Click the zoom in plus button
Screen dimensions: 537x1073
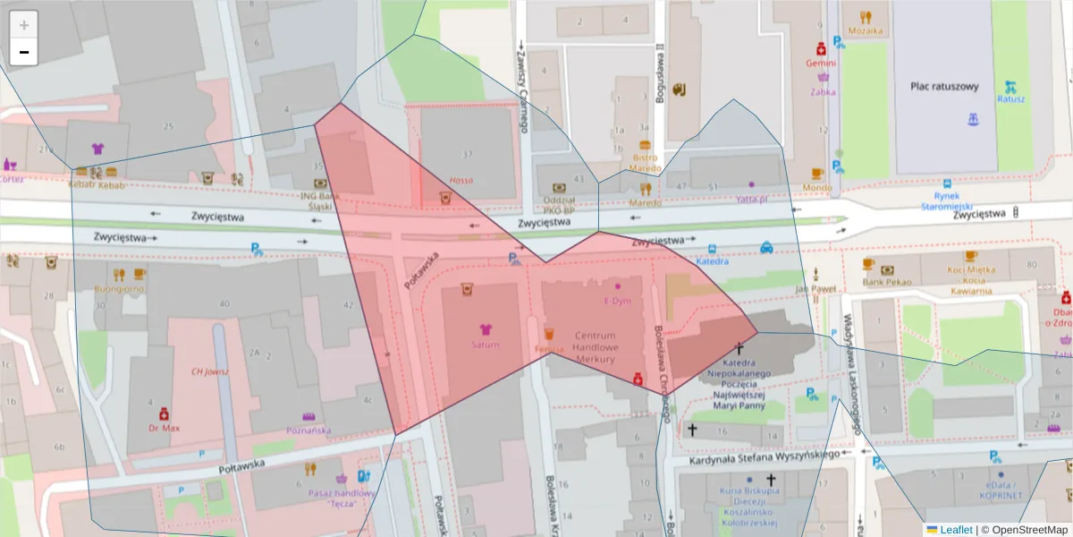point(24,25)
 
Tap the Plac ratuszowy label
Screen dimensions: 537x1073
point(944,87)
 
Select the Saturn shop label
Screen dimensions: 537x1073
point(486,344)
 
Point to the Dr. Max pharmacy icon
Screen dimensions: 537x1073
point(164,414)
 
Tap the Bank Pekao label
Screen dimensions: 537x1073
point(887,282)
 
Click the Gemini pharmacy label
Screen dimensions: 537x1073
point(820,64)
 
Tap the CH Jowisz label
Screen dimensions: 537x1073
point(210,371)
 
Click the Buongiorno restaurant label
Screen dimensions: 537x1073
point(120,289)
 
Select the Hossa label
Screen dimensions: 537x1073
point(461,180)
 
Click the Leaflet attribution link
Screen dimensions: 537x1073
point(955,530)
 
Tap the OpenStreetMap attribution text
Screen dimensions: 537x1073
point(1024,530)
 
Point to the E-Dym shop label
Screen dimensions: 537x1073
point(617,301)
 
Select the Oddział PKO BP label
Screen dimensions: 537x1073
point(558,205)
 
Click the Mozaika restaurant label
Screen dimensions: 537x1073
point(865,30)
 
